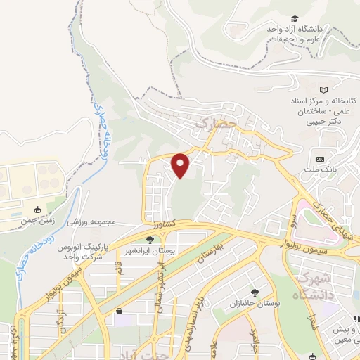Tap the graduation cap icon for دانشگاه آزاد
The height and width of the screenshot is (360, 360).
(x=296, y=19)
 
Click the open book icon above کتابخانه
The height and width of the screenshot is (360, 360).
(x=323, y=90)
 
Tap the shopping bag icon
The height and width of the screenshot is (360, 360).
(x=120, y=311)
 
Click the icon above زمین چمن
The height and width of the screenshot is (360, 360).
(x=38, y=210)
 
